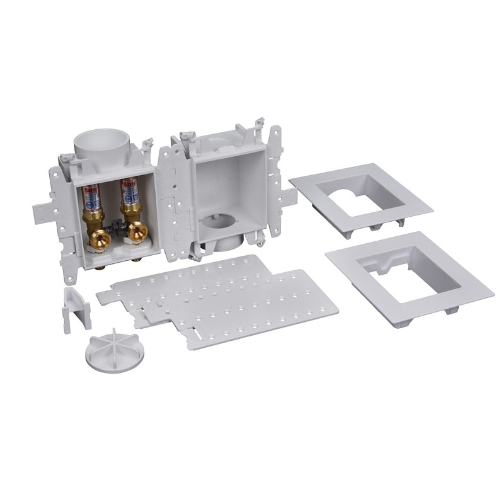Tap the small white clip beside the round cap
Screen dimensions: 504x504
(76, 309)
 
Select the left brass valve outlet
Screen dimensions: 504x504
(99, 237)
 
